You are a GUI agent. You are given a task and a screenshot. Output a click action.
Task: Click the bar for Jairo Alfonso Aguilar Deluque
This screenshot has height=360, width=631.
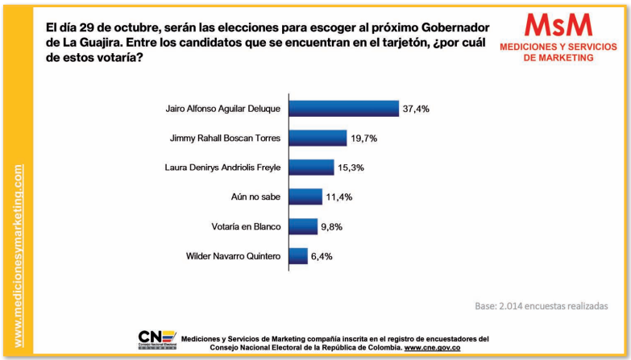[x=343, y=109]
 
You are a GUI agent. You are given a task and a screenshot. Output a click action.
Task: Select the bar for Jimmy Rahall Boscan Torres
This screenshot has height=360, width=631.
[x=318, y=138]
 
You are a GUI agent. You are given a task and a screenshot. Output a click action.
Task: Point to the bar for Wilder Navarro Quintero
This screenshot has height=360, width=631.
[x=298, y=256]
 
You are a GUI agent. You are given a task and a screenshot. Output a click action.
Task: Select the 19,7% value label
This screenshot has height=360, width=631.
[x=364, y=139]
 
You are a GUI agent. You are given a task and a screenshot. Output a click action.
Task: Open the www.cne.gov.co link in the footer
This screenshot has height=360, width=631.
[x=432, y=347]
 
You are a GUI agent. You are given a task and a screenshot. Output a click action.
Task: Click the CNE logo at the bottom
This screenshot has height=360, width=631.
[x=157, y=340]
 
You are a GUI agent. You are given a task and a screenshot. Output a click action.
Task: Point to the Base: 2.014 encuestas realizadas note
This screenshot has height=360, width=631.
[x=542, y=306]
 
